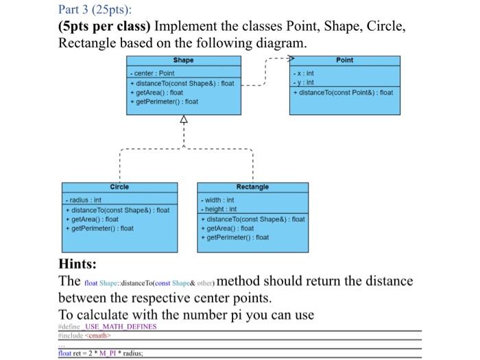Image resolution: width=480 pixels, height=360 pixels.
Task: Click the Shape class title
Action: pos(183,60)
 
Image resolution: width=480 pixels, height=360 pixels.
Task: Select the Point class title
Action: pos(345,60)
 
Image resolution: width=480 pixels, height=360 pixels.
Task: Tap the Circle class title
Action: pos(119,187)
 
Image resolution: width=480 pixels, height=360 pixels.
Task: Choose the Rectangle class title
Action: pos(252,187)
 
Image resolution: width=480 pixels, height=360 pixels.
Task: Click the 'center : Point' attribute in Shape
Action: pos(154,73)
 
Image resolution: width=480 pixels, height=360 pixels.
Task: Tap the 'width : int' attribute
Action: pos(219,200)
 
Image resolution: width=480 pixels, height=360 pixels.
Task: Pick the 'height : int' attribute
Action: pos(220,208)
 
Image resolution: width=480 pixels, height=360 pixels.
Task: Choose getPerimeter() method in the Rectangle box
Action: pos(235,237)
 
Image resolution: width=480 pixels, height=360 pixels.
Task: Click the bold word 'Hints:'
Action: pos(77,264)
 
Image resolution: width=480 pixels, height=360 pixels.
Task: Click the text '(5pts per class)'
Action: pos(105,27)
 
